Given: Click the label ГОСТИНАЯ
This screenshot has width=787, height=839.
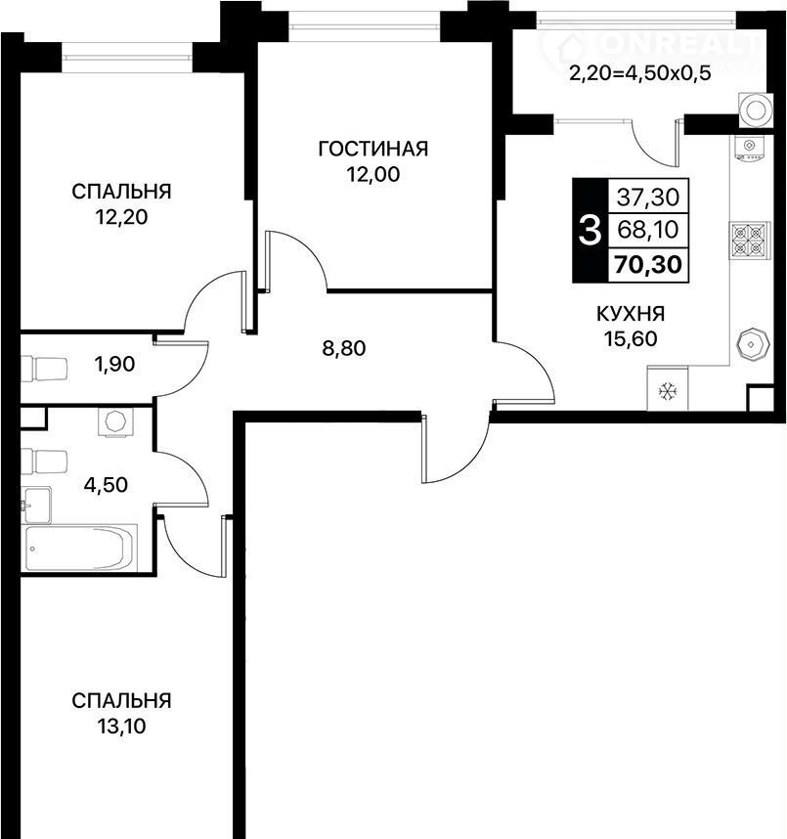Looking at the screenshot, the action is [373, 149].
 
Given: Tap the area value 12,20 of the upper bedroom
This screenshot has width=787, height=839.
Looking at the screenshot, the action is [121, 217].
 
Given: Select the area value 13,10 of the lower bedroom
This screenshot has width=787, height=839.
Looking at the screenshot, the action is [121, 727].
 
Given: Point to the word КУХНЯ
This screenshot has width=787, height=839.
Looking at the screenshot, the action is [631, 314].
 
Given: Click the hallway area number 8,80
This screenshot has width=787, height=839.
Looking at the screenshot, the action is [344, 348].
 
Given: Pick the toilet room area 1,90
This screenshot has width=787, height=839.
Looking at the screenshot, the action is [114, 365].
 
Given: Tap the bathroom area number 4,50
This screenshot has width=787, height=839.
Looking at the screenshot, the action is [106, 485].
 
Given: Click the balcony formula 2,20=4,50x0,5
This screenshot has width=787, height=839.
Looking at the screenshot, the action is [640, 72].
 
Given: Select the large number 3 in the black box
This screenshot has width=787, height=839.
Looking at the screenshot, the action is [590, 231].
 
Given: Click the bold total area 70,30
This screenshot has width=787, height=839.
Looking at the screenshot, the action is [648, 264].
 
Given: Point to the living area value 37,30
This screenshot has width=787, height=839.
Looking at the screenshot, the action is [648, 197].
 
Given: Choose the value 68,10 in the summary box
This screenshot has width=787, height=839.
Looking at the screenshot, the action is [648, 230].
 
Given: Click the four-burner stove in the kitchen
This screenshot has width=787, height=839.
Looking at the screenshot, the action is [749, 241].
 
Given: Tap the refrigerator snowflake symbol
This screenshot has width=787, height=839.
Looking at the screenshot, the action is [668, 392].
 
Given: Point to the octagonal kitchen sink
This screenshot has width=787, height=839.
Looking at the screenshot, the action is [754, 344].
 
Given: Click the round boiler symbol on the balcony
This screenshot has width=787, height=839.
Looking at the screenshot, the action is [756, 110].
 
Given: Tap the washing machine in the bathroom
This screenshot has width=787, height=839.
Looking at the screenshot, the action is [115, 422].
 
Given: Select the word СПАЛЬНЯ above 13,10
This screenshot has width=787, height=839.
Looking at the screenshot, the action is [121, 700].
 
